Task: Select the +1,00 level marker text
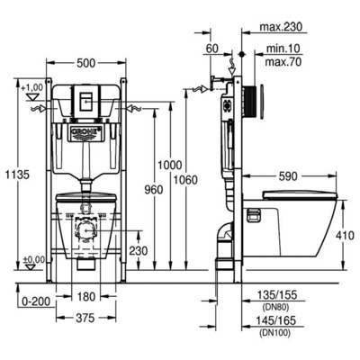[x=33, y=86]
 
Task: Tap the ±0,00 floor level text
[x=33, y=259]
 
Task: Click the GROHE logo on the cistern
[x=86, y=131]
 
